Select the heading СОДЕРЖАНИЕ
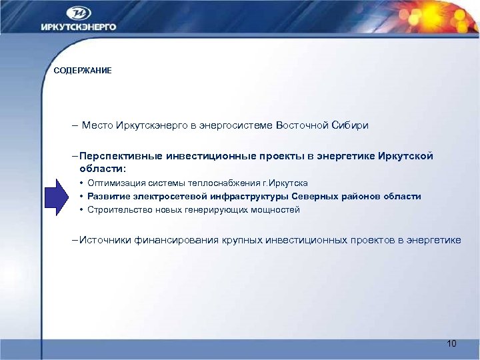(83, 71)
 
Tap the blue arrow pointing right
(58, 196)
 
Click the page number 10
(451, 343)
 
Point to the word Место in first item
(97, 125)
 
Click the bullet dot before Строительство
(81, 210)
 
